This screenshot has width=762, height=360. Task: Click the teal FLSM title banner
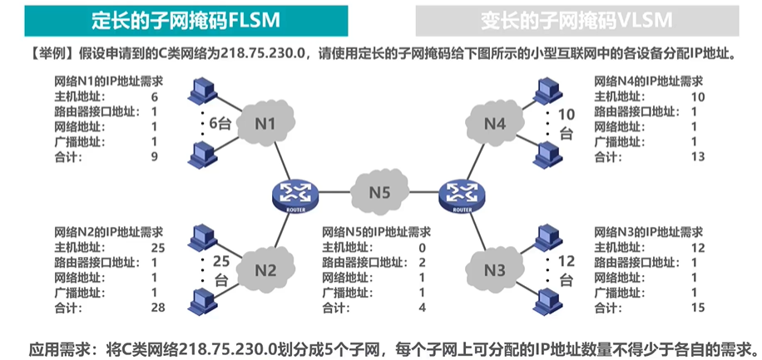pyautogui.click(x=174, y=18)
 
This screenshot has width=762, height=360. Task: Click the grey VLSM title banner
pyautogui.click(x=587, y=18)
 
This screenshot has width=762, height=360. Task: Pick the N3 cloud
pyautogui.click(x=494, y=269)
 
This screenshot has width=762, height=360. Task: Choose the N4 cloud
pyautogui.click(x=494, y=125)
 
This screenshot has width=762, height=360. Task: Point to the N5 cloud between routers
pyautogui.click(x=379, y=192)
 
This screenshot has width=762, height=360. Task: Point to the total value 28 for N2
pyautogui.click(x=157, y=308)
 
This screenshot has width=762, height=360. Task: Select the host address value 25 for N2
pyautogui.click(x=157, y=248)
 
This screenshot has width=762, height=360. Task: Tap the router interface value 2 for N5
pyautogui.click(x=422, y=263)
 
